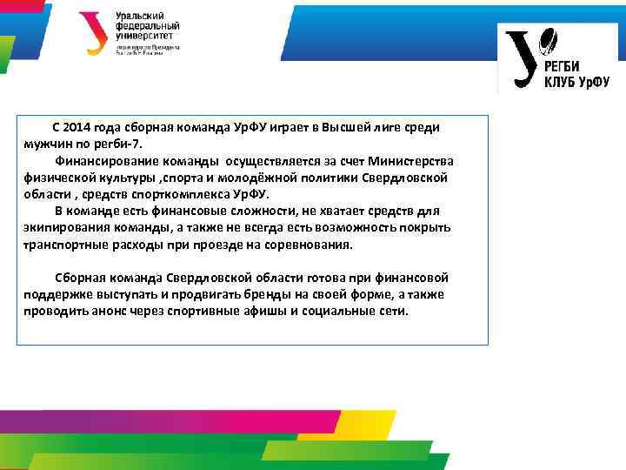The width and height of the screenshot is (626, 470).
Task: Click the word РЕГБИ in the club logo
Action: click(x=567, y=67)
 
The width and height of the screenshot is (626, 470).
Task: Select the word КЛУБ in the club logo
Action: click(x=562, y=82)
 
